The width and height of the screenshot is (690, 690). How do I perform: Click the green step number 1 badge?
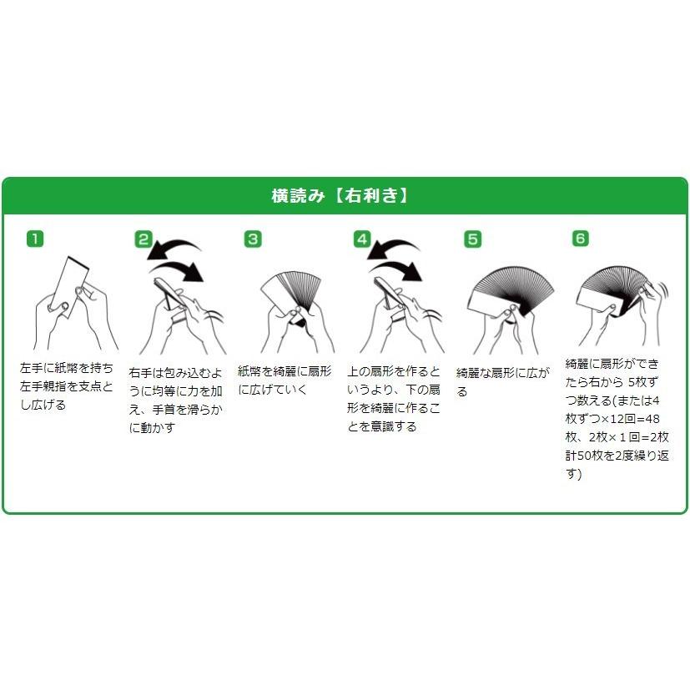pos(35,239)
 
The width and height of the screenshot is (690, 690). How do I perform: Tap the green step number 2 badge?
pos(144,239)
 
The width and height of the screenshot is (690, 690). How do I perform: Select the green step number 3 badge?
pos(253,239)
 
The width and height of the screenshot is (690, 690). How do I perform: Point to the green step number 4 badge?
pos(361,239)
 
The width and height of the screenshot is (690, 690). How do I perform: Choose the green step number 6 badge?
pos(581,239)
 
